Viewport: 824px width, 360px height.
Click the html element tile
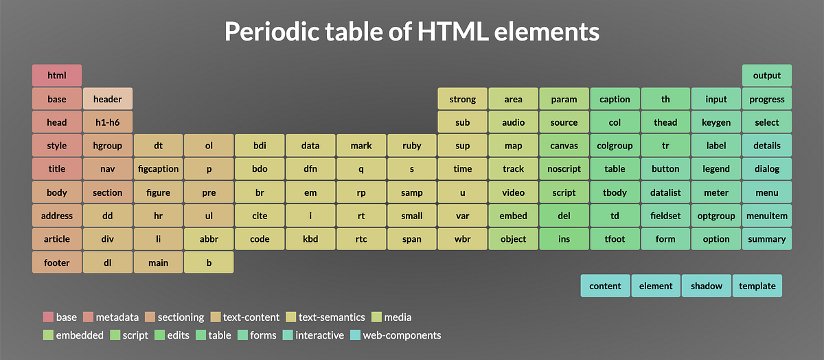pos(57,76)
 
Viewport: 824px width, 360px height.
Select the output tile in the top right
pos(766,76)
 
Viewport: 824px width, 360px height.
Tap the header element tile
pos(108,99)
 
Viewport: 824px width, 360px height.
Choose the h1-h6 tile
pos(108,122)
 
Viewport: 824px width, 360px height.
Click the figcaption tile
pos(158,169)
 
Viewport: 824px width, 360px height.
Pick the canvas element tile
pos(564,146)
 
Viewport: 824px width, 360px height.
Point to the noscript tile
pos(564,169)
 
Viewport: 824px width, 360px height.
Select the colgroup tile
pos(615,146)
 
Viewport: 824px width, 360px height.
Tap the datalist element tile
pos(665,192)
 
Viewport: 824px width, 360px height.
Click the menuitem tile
pos(766,216)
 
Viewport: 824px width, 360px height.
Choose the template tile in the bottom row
pos(757,286)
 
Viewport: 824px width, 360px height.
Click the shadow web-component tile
pos(707,286)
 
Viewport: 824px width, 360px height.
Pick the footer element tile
pos(57,262)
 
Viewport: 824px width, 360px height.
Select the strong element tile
pos(463,99)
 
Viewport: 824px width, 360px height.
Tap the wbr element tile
pos(463,239)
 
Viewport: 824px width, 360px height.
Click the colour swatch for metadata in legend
pos(87,317)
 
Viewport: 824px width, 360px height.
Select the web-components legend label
pos(402,335)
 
